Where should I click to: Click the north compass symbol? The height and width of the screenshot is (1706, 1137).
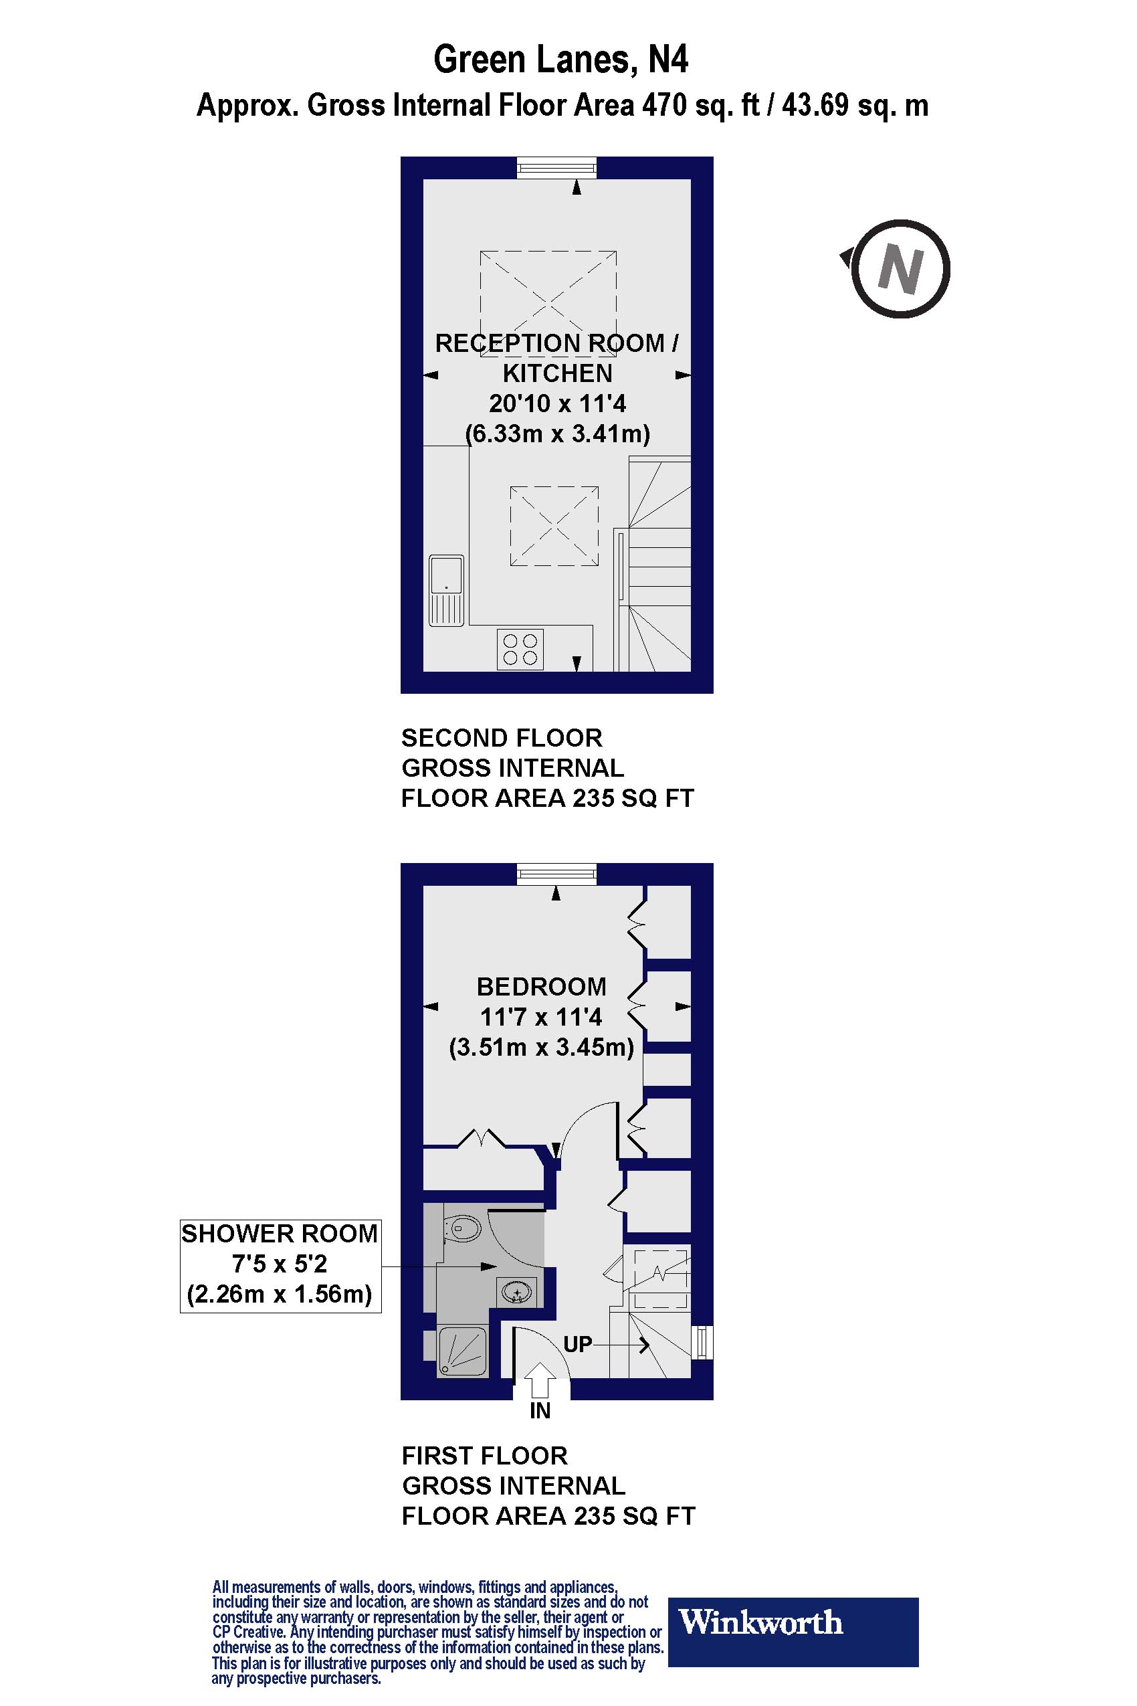tap(899, 269)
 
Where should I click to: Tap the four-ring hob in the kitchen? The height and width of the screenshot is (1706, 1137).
tap(520, 649)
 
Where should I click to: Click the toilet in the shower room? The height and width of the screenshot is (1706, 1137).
tap(462, 1229)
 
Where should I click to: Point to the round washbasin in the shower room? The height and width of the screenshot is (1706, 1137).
tap(517, 1292)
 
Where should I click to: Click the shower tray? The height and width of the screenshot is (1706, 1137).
tap(463, 1351)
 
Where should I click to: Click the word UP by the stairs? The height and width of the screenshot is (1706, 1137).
tap(577, 1344)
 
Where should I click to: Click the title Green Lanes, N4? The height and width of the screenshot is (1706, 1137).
tap(560, 60)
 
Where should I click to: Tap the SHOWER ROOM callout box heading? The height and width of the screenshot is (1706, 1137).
tap(279, 1234)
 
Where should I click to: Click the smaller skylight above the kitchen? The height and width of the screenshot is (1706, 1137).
tap(554, 526)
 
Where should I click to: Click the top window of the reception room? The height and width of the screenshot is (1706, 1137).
tap(557, 167)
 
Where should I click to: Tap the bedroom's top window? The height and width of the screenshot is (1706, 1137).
tap(557, 874)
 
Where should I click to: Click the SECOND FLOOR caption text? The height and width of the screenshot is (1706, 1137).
tap(502, 738)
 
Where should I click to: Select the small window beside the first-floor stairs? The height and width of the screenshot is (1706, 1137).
tap(702, 1342)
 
